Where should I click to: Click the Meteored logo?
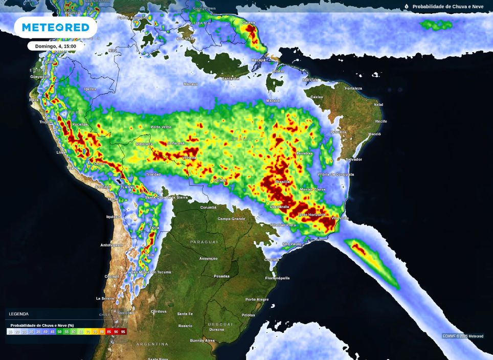55,27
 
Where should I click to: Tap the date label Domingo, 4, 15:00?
55,46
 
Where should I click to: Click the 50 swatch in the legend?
59,332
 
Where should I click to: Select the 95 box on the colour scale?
123,332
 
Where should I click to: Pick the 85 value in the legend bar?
109,332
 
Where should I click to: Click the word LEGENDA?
19,314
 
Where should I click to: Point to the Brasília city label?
283,182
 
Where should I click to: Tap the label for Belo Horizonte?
312,215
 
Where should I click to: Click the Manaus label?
191,84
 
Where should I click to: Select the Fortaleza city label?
353,88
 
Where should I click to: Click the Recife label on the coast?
381,121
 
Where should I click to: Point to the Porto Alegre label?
257,300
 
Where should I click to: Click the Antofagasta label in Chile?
111,245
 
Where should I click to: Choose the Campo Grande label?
231,219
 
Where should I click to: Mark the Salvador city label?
353,160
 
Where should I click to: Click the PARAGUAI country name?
204,241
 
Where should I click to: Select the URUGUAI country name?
220,324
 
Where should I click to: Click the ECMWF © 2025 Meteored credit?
463,336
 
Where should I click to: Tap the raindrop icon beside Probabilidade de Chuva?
407,7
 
